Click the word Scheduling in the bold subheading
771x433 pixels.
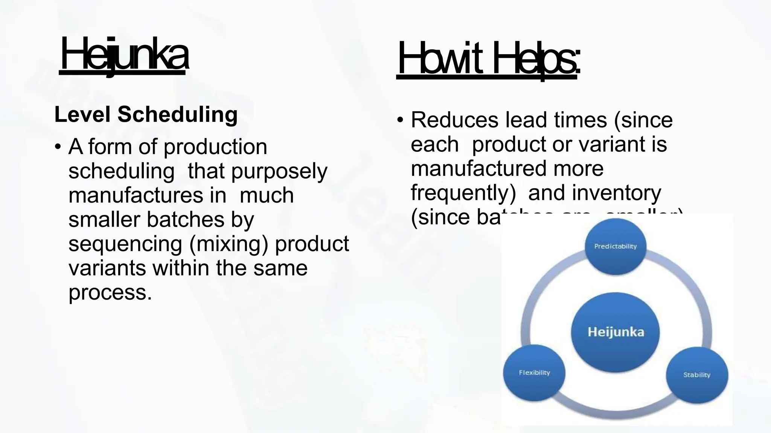click(x=177, y=115)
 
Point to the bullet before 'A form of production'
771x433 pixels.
click(x=58, y=147)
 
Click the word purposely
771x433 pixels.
click(x=279, y=171)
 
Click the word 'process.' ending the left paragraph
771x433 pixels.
click(x=110, y=292)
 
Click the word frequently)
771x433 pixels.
click(x=463, y=193)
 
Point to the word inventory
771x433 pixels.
click(x=616, y=193)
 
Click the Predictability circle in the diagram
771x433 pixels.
click(x=615, y=246)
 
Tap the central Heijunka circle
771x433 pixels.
click(x=615, y=332)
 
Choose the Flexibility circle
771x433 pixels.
click(x=534, y=373)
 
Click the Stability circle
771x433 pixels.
click(x=697, y=375)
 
